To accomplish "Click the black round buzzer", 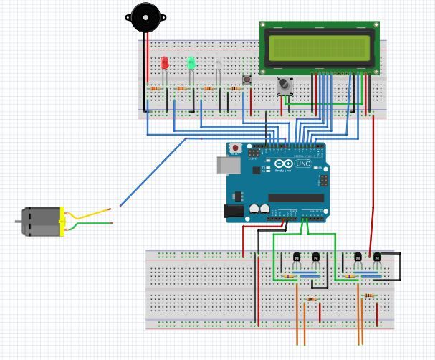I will (145, 17).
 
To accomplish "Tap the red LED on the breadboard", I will (165, 63).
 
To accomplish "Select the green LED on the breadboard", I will (191, 62).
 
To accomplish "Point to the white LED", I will (218, 65).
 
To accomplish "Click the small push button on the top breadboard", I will (247, 79).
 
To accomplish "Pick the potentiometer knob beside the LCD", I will (285, 85).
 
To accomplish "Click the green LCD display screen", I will (320, 46).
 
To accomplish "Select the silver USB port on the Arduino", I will (226, 165).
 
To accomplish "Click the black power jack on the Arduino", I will (234, 211).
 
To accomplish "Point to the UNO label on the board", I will (303, 164).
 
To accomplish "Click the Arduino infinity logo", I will (282, 164).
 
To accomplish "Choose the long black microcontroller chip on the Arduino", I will (296, 198).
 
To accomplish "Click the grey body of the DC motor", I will (40, 222).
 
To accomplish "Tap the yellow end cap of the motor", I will (62, 222).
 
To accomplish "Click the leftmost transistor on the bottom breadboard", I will (297, 256).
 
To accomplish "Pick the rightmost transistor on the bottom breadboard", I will (377, 256).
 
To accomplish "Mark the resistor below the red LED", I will (156, 89).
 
